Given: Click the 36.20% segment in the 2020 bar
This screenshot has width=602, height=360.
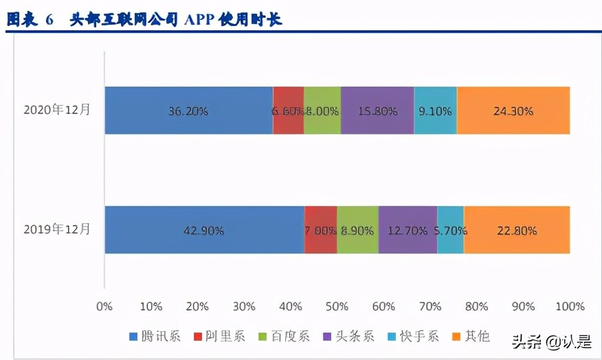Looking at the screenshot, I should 188,111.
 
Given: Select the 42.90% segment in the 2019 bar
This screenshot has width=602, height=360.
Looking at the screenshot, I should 204,230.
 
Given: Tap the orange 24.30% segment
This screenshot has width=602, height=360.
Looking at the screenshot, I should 513,111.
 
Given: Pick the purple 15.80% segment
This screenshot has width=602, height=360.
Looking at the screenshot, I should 377,111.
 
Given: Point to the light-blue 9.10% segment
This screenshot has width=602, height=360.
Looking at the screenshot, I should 436,111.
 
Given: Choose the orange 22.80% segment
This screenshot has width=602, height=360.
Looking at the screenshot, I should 517,230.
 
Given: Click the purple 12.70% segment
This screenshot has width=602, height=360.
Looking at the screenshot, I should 408,230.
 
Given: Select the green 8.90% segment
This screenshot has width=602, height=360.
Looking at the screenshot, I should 357,230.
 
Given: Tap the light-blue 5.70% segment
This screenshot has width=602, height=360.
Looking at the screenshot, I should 450,230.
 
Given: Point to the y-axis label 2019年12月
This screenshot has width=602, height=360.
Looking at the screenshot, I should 56,229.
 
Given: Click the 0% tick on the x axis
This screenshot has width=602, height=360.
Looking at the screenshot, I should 104,306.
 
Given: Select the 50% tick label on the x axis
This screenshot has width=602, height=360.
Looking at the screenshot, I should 337,306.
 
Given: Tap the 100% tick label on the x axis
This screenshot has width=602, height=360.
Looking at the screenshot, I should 570,306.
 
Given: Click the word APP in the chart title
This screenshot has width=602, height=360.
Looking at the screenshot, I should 199,19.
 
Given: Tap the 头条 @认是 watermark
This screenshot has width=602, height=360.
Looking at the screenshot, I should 550,342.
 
